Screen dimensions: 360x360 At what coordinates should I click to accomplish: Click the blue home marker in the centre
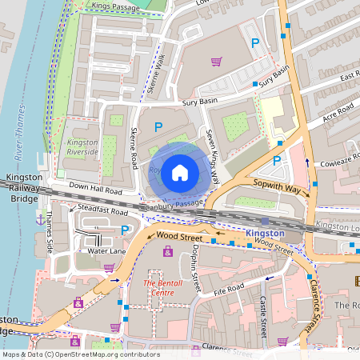click(x=180, y=172)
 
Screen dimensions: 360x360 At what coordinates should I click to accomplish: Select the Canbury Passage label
click(x=171, y=206)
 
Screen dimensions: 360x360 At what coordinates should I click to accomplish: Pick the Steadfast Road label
click(x=104, y=212)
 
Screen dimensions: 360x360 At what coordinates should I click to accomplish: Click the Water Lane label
click(x=106, y=251)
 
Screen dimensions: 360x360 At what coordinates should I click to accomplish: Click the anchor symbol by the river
click(x=40, y=218)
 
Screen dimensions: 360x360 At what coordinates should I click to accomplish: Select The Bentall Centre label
click(x=163, y=288)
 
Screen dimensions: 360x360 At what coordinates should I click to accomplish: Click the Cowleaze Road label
click(x=335, y=159)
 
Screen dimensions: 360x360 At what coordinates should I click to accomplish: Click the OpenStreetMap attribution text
click(x=81, y=354)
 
